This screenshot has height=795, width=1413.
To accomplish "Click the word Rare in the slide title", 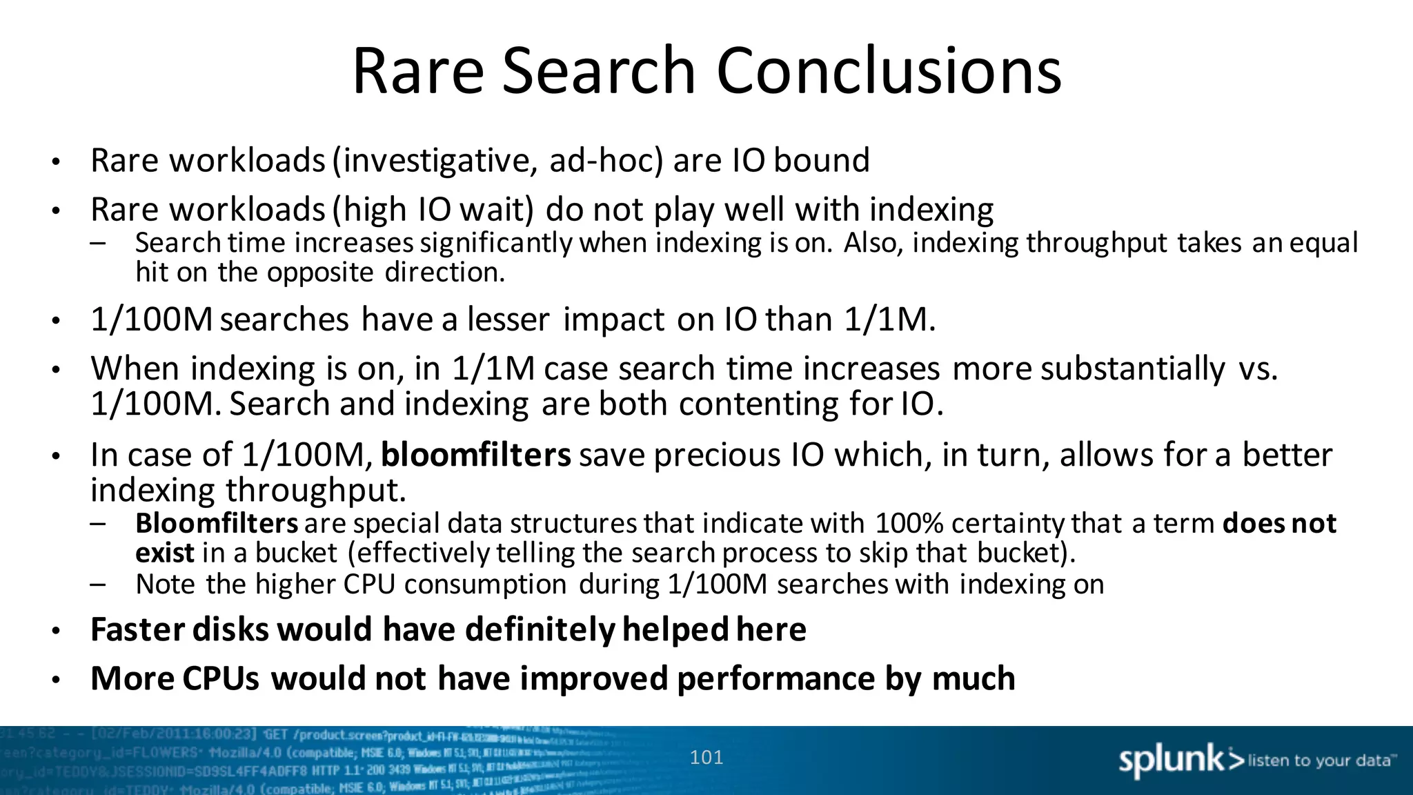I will click(418, 71).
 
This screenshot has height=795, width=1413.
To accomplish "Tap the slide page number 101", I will click(706, 758).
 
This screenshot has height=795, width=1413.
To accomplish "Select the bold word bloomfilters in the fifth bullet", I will click(475, 455).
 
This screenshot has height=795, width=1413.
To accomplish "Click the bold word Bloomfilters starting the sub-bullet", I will click(217, 524).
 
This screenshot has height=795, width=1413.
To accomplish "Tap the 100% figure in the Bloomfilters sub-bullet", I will click(909, 524).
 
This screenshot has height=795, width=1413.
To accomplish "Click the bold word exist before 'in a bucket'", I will click(165, 553).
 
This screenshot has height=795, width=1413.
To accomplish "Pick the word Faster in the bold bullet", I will click(138, 629).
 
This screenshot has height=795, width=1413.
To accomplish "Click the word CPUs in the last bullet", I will click(221, 678).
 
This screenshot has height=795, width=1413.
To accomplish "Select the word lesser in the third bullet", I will click(508, 320).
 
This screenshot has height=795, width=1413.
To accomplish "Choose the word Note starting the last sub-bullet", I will click(165, 585).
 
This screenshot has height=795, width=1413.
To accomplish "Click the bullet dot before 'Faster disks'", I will click(57, 631).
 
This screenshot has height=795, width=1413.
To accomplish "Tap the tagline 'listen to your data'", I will click(1321, 760).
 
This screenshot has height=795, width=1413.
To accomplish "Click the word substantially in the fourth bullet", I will click(1132, 369).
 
